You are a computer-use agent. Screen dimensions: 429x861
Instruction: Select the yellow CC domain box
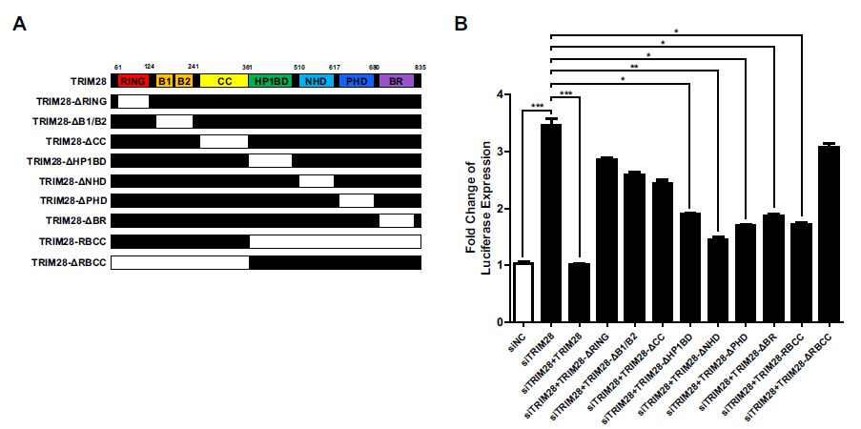point(224,82)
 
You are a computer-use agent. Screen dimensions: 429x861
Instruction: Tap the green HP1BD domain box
point(273,82)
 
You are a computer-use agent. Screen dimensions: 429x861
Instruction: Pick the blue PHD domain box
point(357,82)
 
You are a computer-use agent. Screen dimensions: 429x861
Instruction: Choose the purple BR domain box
point(396,82)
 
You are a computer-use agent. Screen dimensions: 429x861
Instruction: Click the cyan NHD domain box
point(316,82)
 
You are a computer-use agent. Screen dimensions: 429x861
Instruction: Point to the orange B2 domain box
point(184,82)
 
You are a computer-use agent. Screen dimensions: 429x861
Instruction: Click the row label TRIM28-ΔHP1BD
point(67,160)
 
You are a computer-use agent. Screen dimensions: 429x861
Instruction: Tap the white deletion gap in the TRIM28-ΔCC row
point(224,141)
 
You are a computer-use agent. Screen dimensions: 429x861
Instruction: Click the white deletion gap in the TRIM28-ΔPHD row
point(357,201)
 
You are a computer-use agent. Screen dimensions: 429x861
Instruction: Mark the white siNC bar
point(523,292)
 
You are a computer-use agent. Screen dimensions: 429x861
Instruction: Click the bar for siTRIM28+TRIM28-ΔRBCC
point(828,235)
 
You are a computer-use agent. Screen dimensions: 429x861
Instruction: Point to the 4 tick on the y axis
point(500,95)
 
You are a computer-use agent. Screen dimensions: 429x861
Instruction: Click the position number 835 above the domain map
point(420,66)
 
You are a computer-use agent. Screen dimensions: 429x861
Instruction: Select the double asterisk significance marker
point(634,67)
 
